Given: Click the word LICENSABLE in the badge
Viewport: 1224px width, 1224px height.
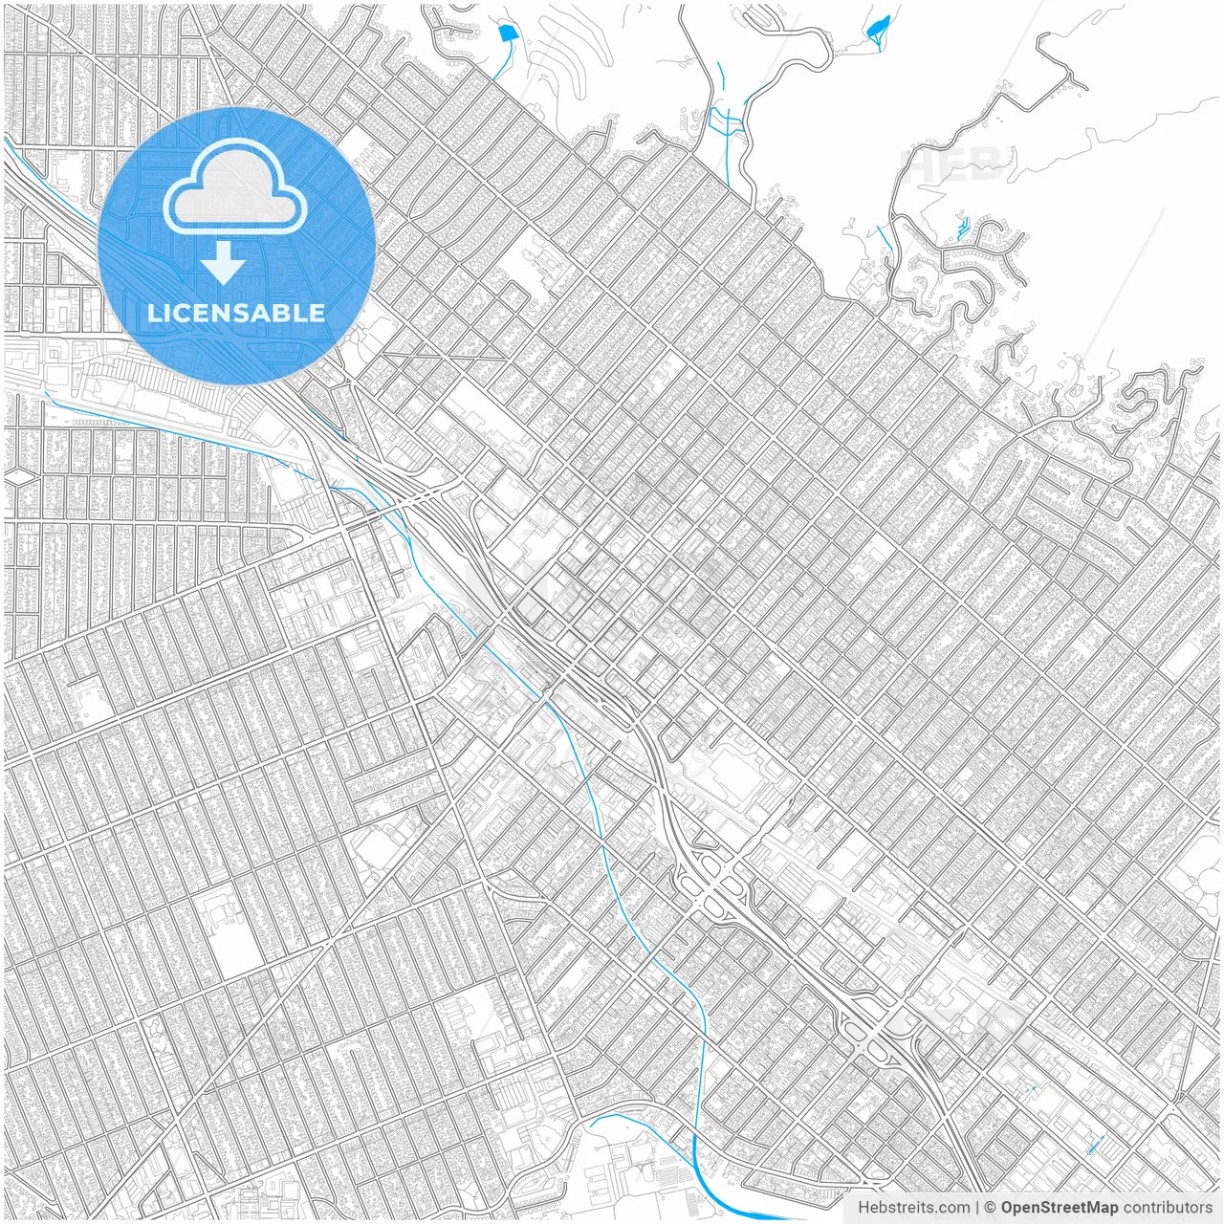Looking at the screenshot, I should point(236,313).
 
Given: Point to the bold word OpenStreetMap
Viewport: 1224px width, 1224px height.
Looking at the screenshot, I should point(1060,1208).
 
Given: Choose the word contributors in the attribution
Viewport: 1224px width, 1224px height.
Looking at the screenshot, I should point(1168,1208).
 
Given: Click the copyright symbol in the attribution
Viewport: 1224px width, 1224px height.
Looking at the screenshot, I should point(991,1208).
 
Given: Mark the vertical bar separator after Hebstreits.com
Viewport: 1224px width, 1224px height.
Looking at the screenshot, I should point(977,1208).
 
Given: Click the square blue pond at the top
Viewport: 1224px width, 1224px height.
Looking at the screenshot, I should point(506,33).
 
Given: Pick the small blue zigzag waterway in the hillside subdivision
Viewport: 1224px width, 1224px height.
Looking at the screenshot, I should point(960,229).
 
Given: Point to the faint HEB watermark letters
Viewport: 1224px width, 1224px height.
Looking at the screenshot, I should point(956,164).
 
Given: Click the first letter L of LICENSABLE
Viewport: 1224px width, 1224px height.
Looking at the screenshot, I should point(153,313).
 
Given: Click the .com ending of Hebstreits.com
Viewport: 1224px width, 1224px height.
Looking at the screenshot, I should point(951,1208).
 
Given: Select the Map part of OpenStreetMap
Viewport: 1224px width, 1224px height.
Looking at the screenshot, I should point(1100,1208).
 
